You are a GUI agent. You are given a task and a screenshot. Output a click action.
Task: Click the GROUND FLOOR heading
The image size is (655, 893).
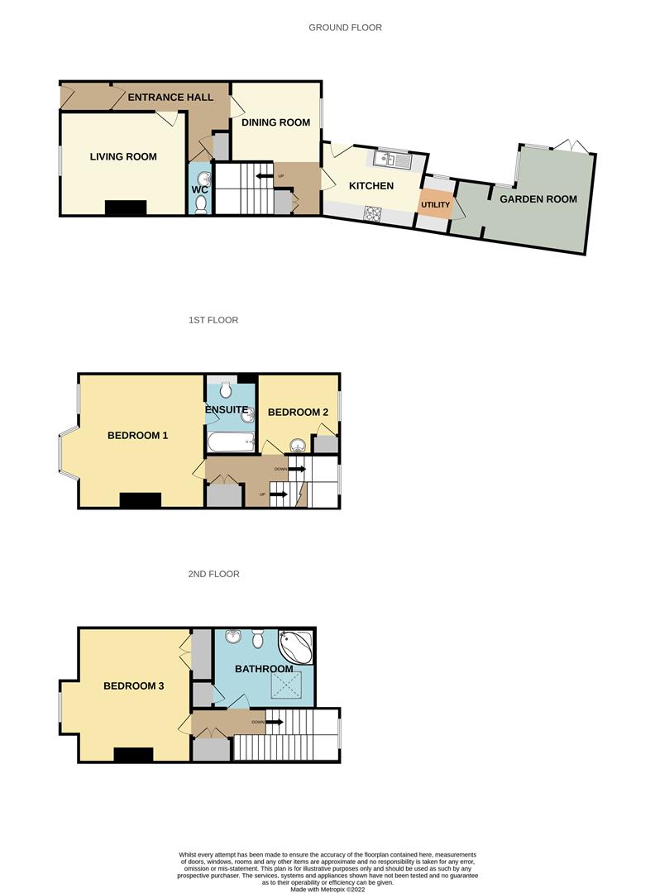click(x=345, y=27)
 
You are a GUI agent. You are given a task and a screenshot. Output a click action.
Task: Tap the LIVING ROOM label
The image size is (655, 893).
click(x=123, y=156)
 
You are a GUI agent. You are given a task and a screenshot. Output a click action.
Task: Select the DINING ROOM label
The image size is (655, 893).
click(x=276, y=122)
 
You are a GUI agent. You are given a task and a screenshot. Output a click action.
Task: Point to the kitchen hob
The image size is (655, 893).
click(x=373, y=213)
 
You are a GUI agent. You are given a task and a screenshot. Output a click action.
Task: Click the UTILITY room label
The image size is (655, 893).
click(x=435, y=204)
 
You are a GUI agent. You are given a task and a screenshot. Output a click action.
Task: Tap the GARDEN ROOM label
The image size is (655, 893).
click(x=538, y=198)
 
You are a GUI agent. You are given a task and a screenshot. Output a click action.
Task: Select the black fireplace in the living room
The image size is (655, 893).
click(x=126, y=208)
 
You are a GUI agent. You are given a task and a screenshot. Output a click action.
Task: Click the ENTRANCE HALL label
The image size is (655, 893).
click(x=170, y=97)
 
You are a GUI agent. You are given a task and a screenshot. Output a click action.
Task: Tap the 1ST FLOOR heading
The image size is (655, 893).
click(x=213, y=320)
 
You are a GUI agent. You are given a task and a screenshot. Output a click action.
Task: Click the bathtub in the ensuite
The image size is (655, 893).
click(x=231, y=442)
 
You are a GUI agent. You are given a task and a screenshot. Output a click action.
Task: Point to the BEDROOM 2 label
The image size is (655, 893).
click(x=299, y=412)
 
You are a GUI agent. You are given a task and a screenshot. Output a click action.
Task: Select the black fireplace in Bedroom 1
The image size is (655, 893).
click(x=140, y=500)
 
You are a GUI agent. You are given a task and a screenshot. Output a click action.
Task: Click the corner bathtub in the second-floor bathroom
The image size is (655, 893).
click(x=296, y=646)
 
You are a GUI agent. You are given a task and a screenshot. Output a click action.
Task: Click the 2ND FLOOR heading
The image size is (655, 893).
click(x=213, y=574)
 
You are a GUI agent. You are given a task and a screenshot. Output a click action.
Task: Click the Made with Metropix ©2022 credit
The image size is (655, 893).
click(x=327, y=889)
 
